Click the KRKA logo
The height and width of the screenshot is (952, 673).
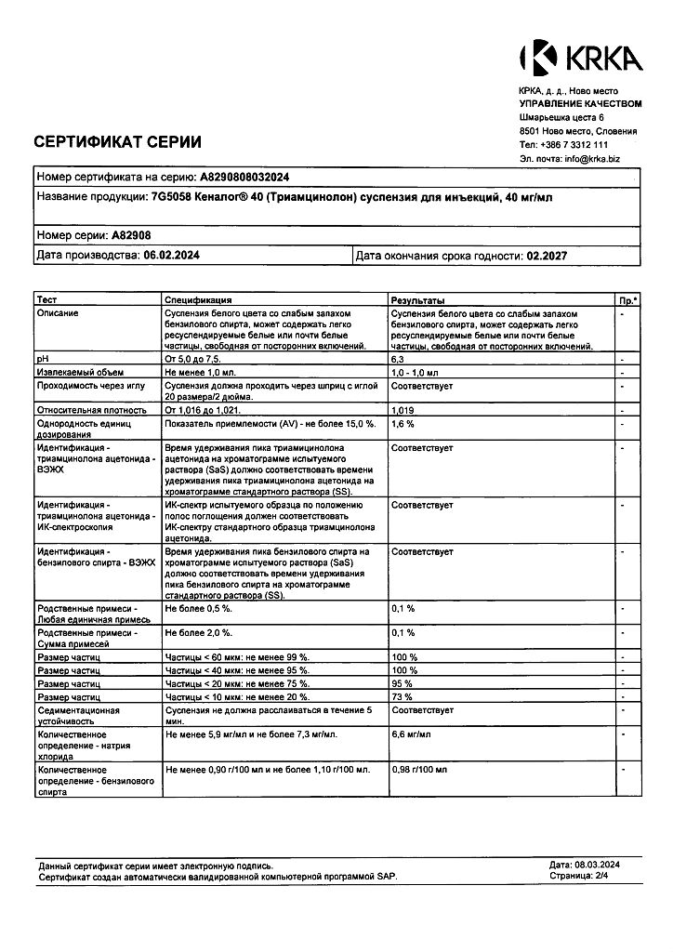(x=580, y=58)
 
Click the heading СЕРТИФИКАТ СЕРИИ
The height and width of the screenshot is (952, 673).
(x=117, y=142)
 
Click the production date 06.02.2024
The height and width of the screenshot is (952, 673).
(x=173, y=255)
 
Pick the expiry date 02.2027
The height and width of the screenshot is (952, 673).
(x=547, y=255)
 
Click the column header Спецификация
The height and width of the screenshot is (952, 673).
(x=198, y=300)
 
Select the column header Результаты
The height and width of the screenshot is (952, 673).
(x=417, y=300)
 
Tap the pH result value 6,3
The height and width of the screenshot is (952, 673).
(x=398, y=358)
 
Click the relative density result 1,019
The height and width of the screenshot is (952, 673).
(x=402, y=409)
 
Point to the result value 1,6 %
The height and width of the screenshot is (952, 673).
(x=402, y=423)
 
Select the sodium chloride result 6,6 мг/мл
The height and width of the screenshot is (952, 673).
(x=412, y=734)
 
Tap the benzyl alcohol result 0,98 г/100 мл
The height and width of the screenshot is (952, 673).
(x=419, y=770)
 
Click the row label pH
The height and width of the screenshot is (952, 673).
(x=41, y=358)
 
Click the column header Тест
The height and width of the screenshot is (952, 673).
(x=46, y=300)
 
